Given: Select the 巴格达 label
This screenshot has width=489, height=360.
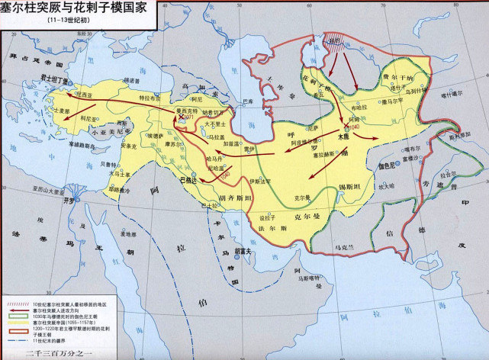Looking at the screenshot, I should [x=188, y=181].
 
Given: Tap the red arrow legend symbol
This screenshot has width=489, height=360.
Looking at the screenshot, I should [x=16, y=310].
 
